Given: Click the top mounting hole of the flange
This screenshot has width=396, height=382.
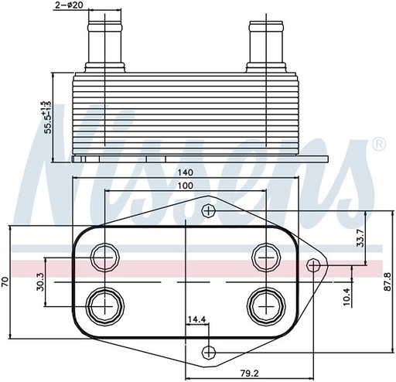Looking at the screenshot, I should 207,211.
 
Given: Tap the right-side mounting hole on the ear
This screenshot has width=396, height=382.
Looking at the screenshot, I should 313,264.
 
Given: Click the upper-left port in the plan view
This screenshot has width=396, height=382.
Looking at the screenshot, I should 104,256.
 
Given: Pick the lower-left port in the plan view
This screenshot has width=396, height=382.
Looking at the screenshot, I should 103,303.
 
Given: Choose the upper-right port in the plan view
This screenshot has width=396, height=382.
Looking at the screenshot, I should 265,256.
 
